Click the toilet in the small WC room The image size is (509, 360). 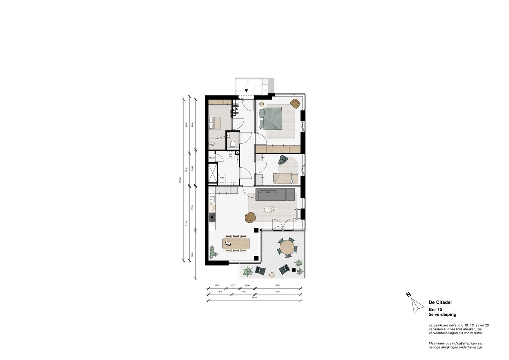click(233, 144)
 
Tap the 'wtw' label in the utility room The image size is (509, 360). click(222, 178)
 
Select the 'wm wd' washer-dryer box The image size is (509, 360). click(230, 155)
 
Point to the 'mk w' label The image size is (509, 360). click(212, 158)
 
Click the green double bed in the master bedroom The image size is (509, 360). click(271, 118)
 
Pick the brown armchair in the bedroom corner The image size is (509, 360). click(295, 103)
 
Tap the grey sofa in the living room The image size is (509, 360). click(275, 194)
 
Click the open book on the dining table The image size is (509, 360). click(228, 243)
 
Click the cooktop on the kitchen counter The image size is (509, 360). click(212, 217)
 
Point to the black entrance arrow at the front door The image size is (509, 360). click(246, 91)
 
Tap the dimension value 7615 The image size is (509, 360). click(254, 298)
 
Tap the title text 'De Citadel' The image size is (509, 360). click(440, 302)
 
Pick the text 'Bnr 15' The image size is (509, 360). click(435, 309)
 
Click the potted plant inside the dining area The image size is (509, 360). click(213, 252)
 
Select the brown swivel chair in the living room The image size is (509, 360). click(251, 217)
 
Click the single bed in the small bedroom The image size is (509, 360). click(286, 178)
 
